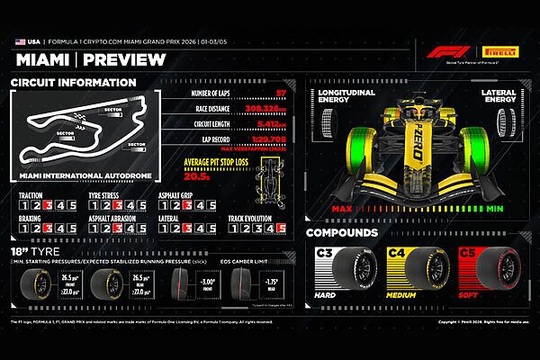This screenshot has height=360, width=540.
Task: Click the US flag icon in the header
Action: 20,41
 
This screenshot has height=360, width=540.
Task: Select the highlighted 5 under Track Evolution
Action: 282,229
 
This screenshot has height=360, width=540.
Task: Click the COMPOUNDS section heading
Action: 345,233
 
